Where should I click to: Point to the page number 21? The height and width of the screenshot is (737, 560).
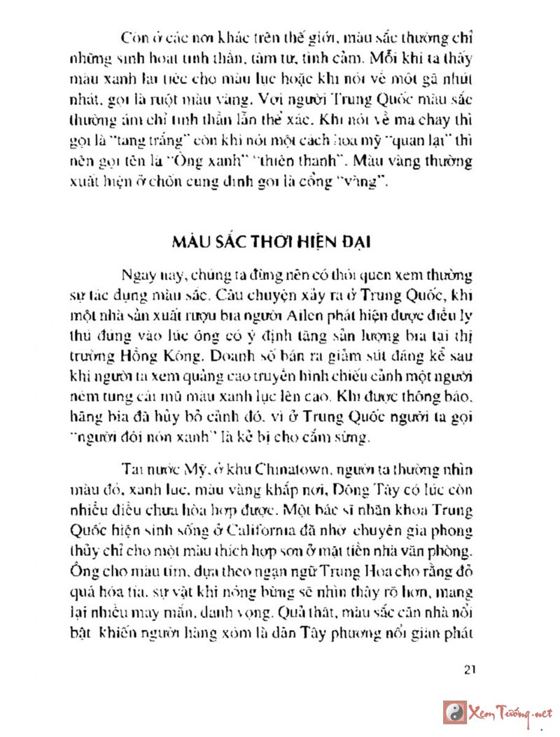coord(470,668)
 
